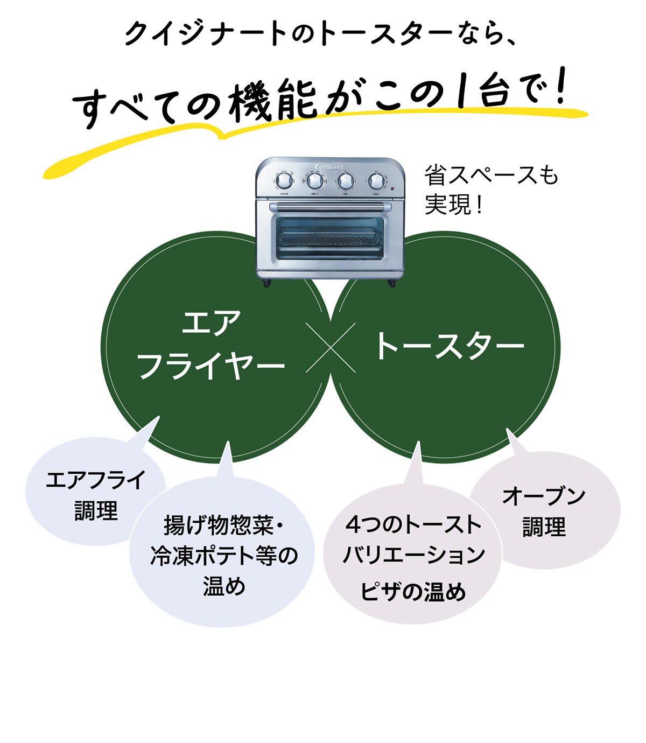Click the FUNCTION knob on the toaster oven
click(x=283, y=180)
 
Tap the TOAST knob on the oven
click(x=376, y=180)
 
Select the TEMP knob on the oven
click(x=314, y=180)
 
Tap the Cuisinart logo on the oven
click(x=329, y=166)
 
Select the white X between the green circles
click(x=331, y=348)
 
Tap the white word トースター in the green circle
click(x=448, y=346)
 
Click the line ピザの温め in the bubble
click(x=413, y=592)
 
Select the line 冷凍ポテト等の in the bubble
click(x=223, y=556)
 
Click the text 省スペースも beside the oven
click(x=491, y=176)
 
